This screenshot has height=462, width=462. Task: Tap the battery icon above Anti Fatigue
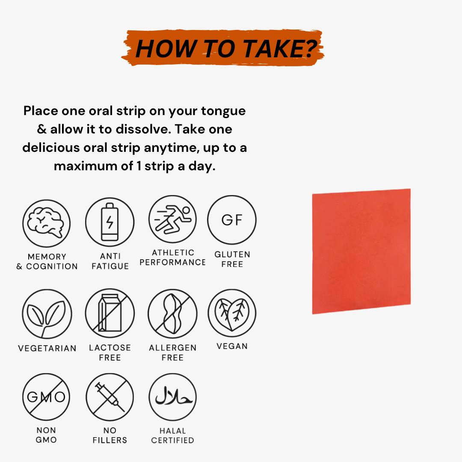point(110,222)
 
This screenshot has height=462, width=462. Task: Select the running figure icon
point(173,219)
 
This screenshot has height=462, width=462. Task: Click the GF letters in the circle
point(232,220)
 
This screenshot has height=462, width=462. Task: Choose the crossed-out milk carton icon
point(110,313)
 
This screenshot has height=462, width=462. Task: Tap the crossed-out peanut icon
point(173,314)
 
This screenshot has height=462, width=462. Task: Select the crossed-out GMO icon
point(46,397)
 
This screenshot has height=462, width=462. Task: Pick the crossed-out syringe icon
point(110,397)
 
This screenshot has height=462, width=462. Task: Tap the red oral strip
point(361,252)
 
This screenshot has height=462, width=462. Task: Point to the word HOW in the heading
point(166,49)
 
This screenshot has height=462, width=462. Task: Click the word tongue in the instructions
point(223,111)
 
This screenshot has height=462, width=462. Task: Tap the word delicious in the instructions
point(51,147)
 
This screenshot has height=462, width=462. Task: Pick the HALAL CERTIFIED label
point(173,435)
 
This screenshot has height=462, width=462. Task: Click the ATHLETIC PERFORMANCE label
point(173,257)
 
